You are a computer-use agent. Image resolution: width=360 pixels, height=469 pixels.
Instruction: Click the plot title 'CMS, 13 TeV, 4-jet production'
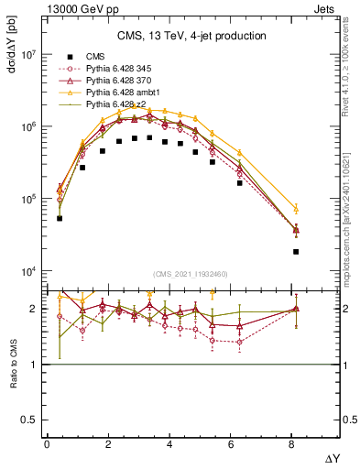[x=192, y=37]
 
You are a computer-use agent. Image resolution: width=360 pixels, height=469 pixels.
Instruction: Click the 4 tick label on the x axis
[x=170, y=443]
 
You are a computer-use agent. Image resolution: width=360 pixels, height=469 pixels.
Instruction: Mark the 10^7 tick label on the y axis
[x=27, y=54]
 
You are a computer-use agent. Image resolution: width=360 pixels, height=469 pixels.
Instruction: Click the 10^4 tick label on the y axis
[x=27, y=271]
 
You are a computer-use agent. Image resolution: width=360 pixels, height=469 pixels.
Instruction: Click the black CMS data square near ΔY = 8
[x=296, y=251]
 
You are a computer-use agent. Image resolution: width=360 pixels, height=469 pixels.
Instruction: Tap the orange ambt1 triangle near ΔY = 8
[x=296, y=209]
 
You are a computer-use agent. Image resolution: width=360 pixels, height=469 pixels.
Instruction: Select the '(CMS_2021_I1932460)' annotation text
[x=191, y=277]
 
